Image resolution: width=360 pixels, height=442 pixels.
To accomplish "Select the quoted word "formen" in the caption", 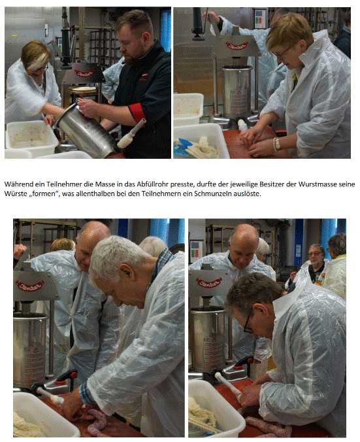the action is (44, 194).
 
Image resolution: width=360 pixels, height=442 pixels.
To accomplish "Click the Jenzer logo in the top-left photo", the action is (84, 73).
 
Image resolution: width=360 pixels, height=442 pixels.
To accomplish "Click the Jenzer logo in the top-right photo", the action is (238, 45).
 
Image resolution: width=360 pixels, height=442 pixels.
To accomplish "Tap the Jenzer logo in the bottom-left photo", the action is (30, 286).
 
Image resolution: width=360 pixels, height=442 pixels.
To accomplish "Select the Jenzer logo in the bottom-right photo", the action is (209, 282).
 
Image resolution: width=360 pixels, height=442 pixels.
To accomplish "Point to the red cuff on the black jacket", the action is (137, 112).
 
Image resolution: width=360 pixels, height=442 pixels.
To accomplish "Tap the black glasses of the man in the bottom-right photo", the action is (248, 326).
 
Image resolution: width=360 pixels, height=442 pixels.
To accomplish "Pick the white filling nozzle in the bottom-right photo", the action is (227, 382).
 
